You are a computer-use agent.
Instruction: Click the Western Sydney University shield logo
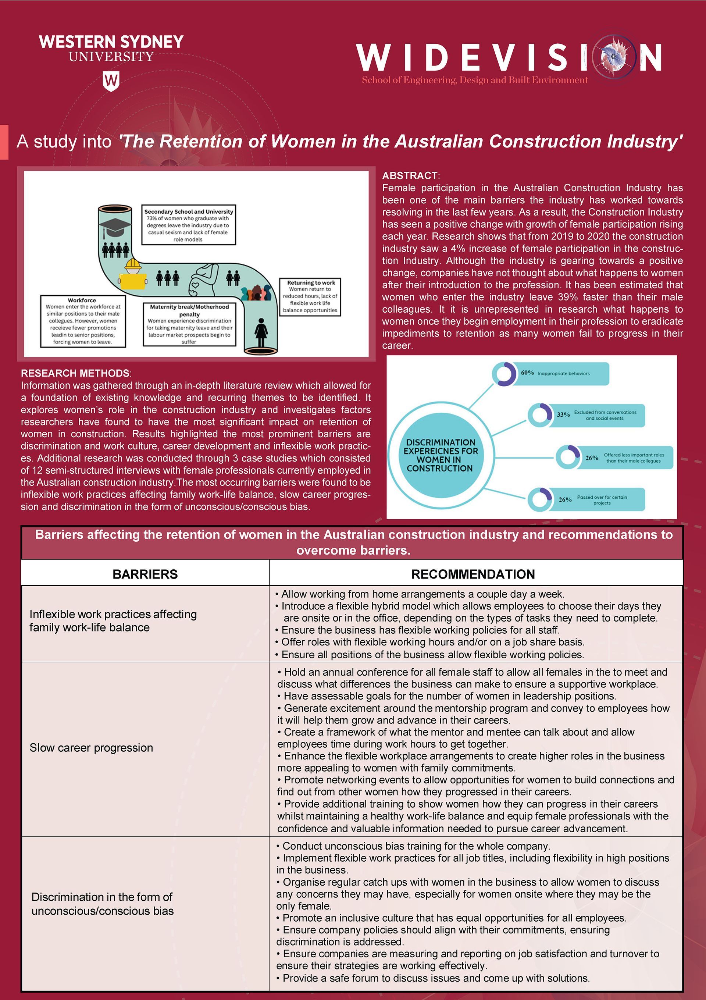point(111,81)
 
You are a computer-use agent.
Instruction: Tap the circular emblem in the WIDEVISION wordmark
point(614,57)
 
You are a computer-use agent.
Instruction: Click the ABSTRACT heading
point(410,175)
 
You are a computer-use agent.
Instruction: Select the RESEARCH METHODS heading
point(75,373)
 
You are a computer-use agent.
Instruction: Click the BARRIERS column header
point(145,574)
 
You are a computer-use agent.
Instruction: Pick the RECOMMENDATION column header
point(473,574)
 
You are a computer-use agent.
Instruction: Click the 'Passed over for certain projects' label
point(602,500)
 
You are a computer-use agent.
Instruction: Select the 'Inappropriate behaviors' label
point(564,374)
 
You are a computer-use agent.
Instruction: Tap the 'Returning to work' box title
point(311,283)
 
